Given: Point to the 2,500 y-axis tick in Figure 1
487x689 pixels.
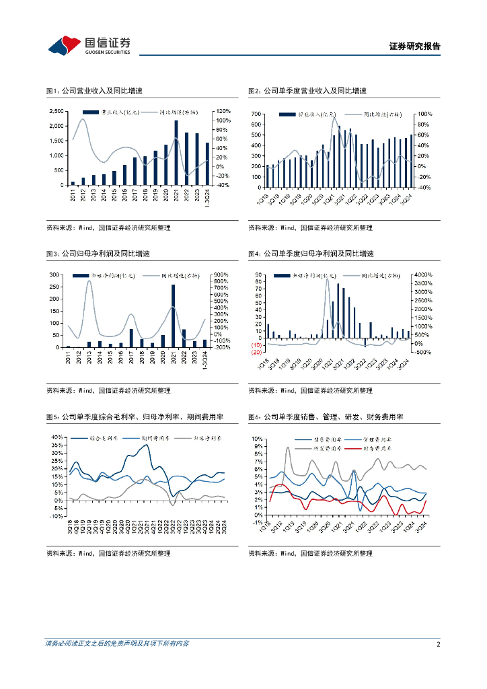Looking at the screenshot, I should coord(57,111).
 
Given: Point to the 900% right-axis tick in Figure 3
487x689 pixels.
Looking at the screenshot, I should coord(223,275).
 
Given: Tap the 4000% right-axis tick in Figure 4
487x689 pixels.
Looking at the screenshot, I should coord(426,275).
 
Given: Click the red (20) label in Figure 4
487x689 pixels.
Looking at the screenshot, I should coord(256,353).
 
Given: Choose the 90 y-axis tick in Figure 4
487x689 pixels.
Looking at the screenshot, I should coord(257,275).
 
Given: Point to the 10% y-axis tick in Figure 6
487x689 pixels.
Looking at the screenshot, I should coord(257,439).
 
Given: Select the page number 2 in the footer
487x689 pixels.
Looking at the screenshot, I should coord(438,644).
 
